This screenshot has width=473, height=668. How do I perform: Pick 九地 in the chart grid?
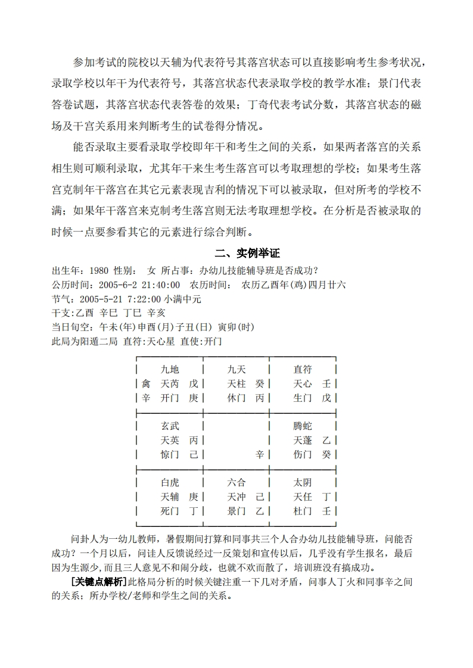170,370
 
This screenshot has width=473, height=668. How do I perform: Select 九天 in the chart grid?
236,370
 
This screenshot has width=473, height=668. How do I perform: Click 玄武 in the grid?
170,426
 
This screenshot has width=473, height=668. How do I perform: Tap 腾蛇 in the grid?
303,426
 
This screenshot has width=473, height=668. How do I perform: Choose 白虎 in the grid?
170,482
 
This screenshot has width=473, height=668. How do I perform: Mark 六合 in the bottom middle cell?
236,482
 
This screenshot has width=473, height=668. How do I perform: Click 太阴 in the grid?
303,482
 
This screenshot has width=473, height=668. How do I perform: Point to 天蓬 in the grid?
303,441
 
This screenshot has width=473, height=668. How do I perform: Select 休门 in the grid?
236,398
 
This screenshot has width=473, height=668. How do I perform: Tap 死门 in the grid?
170,511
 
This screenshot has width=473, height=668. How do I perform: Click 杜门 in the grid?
303,511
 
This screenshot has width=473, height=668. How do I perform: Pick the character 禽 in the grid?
146,384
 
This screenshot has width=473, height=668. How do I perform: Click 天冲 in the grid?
236,497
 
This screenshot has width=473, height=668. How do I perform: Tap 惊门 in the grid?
170,455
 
